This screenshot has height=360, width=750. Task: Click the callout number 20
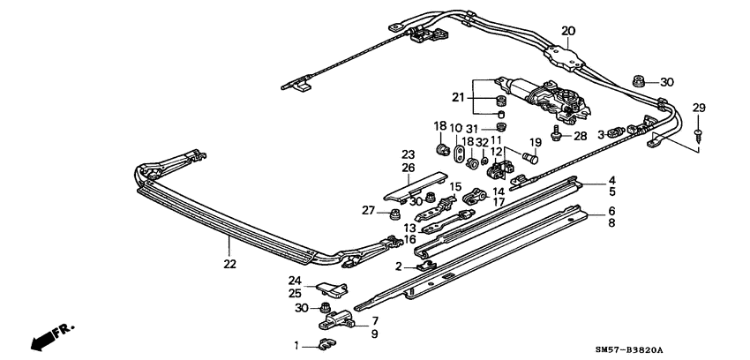[x=568, y=31]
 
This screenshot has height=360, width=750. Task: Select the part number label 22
[x=229, y=263]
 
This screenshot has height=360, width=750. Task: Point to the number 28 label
[x=580, y=136]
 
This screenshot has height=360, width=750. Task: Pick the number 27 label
[x=369, y=209]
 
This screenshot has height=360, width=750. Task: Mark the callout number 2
[x=399, y=266]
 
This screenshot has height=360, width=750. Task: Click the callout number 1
[x=297, y=344]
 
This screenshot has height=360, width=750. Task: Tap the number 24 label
[x=294, y=281]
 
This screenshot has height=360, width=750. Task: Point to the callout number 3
[x=601, y=135]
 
